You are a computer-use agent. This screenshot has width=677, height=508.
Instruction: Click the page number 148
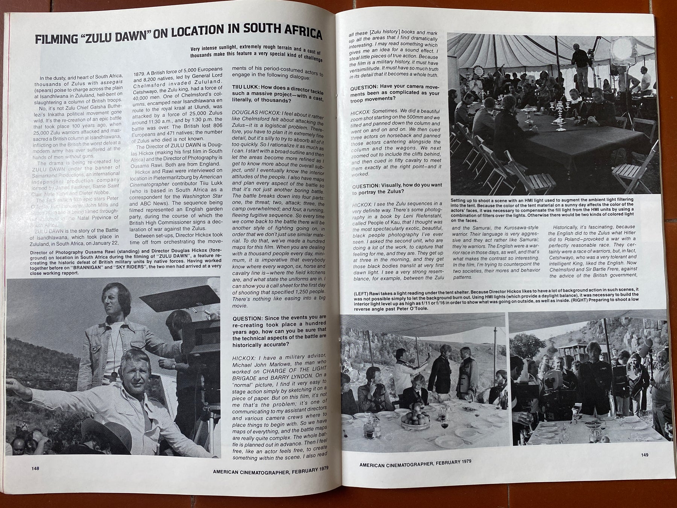(35, 468)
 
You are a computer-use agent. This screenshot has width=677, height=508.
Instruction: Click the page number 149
(645, 455)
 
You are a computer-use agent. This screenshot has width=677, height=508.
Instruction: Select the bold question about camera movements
(395, 93)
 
